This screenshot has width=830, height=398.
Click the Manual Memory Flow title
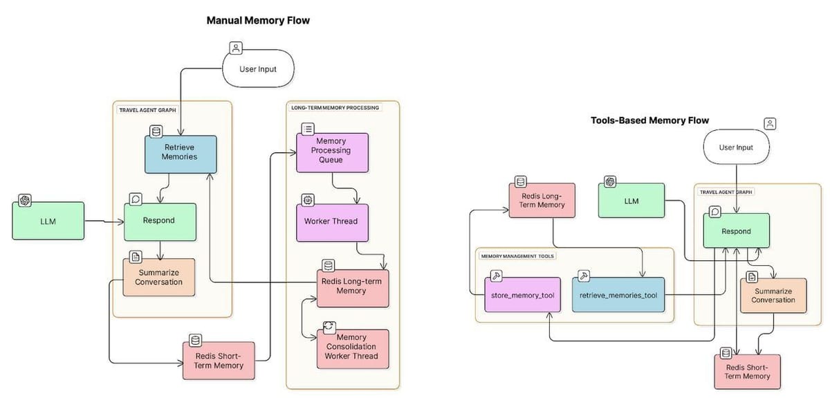[258, 21]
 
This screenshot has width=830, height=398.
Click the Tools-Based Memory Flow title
[649, 120]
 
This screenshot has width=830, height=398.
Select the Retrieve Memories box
[180, 154]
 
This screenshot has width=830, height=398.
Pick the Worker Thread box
[332, 221]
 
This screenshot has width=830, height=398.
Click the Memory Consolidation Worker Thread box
[352, 348]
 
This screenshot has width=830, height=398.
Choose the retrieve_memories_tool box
[618, 296]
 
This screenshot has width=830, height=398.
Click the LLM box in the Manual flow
[48, 221]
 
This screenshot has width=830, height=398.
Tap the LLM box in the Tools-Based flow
[631, 201]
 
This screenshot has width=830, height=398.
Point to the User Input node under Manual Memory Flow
[258, 69]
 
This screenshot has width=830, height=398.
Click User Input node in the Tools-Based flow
[735, 147]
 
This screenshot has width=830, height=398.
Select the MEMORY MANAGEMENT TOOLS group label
[517, 255]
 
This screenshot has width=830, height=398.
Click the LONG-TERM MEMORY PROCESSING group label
[334, 108]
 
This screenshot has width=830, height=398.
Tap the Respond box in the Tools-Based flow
[736, 232]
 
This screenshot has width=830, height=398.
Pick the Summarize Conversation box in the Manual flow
[159, 277]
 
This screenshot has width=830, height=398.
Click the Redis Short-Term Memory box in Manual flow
[219, 361]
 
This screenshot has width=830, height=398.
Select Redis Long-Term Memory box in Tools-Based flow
[542, 201]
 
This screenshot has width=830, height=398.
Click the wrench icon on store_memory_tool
[496, 276]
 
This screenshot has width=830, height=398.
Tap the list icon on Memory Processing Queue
[308, 129]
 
